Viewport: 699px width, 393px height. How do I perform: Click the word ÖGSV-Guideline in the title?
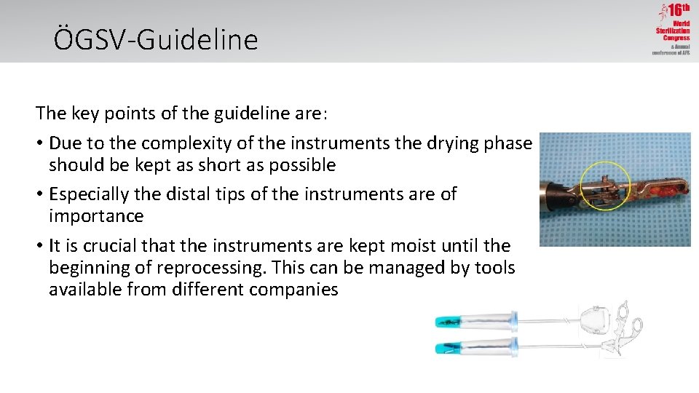click(156, 39)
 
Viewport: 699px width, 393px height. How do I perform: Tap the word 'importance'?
click(96, 216)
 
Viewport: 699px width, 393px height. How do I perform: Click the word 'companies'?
click(293, 290)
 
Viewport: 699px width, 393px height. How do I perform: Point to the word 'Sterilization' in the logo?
click(673, 31)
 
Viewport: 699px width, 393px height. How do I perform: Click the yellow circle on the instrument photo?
click(610, 183)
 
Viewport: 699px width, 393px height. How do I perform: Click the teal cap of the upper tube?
click(450, 321)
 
